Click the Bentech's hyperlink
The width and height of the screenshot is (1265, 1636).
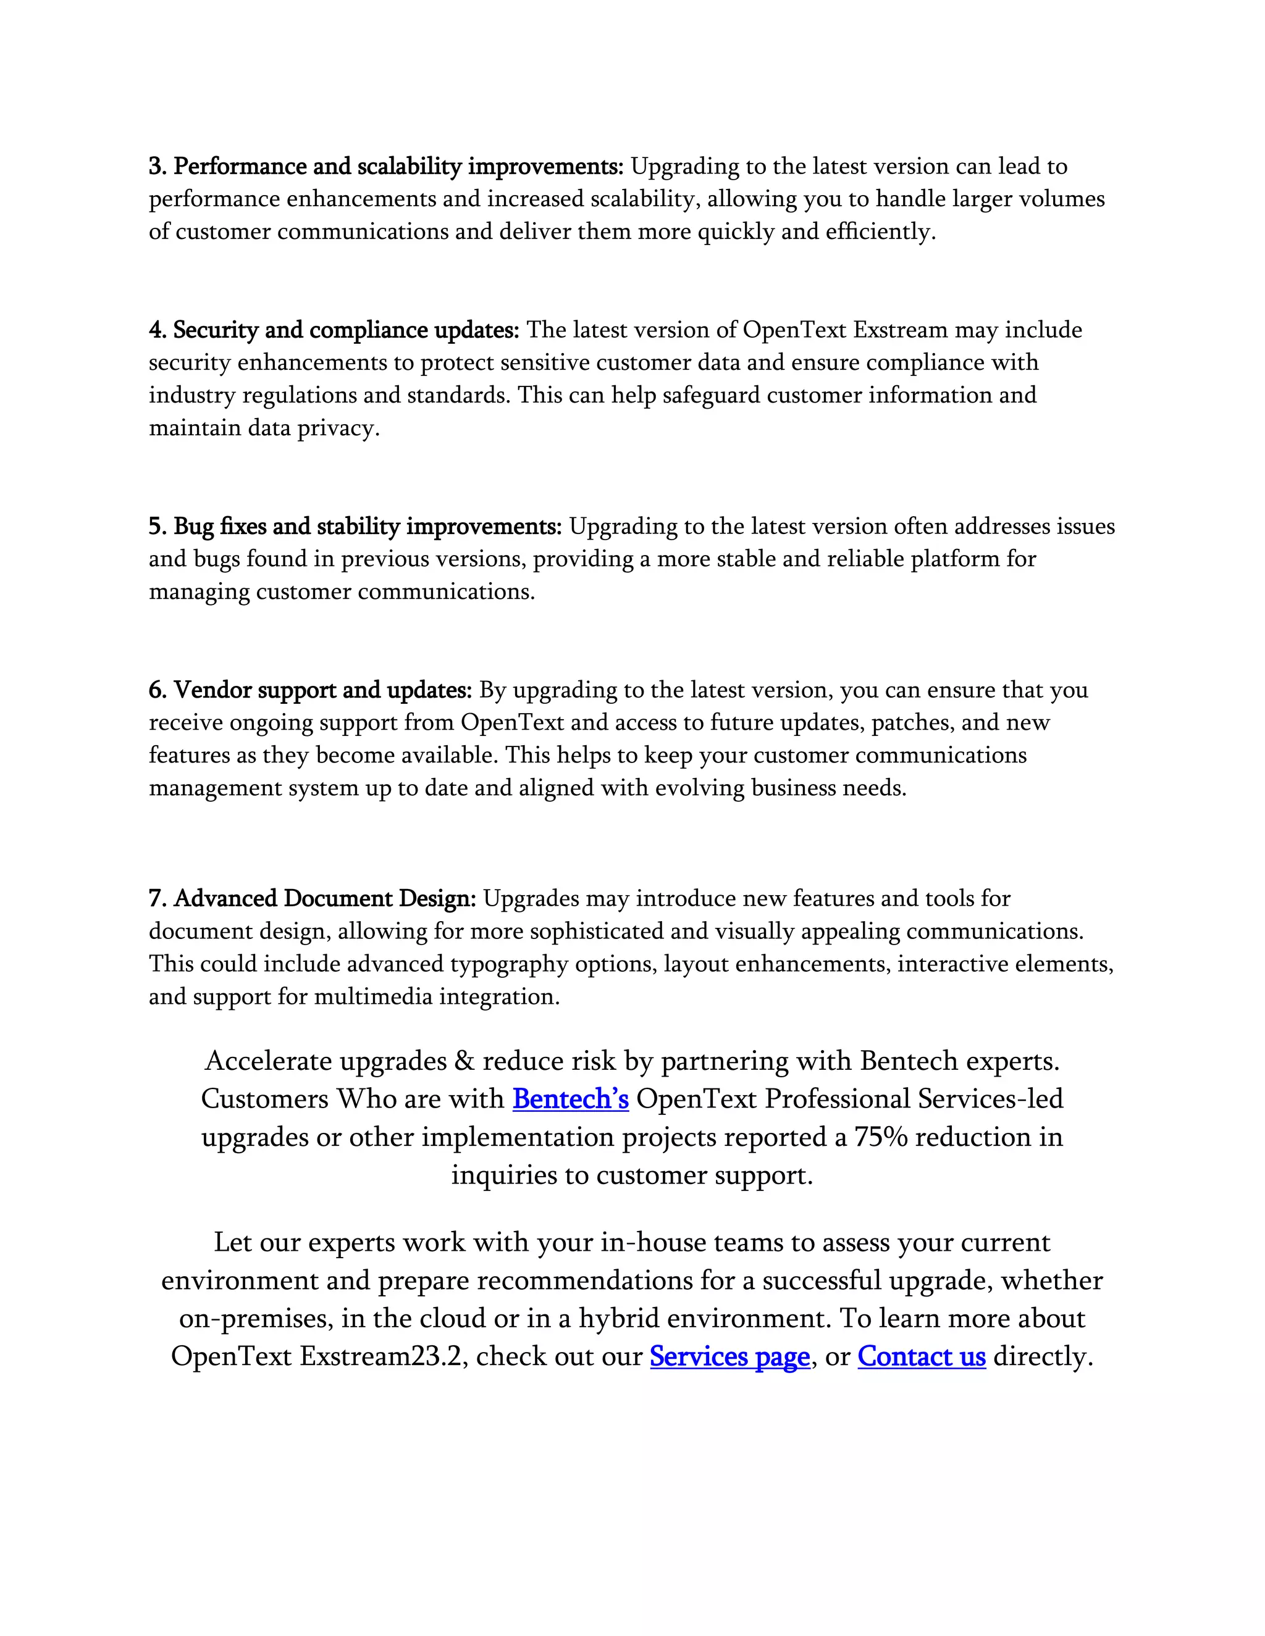pyautogui.click(x=570, y=1099)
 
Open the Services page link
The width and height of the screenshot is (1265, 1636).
pyautogui.click(x=729, y=1356)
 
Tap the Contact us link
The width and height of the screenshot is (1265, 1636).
pyautogui.click(x=921, y=1356)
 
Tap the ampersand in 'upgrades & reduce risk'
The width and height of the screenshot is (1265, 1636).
pyautogui.click(x=461, y=1061)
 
